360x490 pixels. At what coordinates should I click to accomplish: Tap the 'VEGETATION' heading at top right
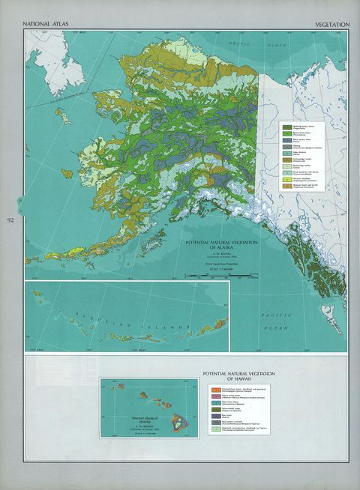(331, 25)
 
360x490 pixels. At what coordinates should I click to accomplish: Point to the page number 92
(10, 220)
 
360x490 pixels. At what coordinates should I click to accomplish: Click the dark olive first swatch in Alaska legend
(286, 127)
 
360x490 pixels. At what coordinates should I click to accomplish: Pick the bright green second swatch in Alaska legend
(286, 133)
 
